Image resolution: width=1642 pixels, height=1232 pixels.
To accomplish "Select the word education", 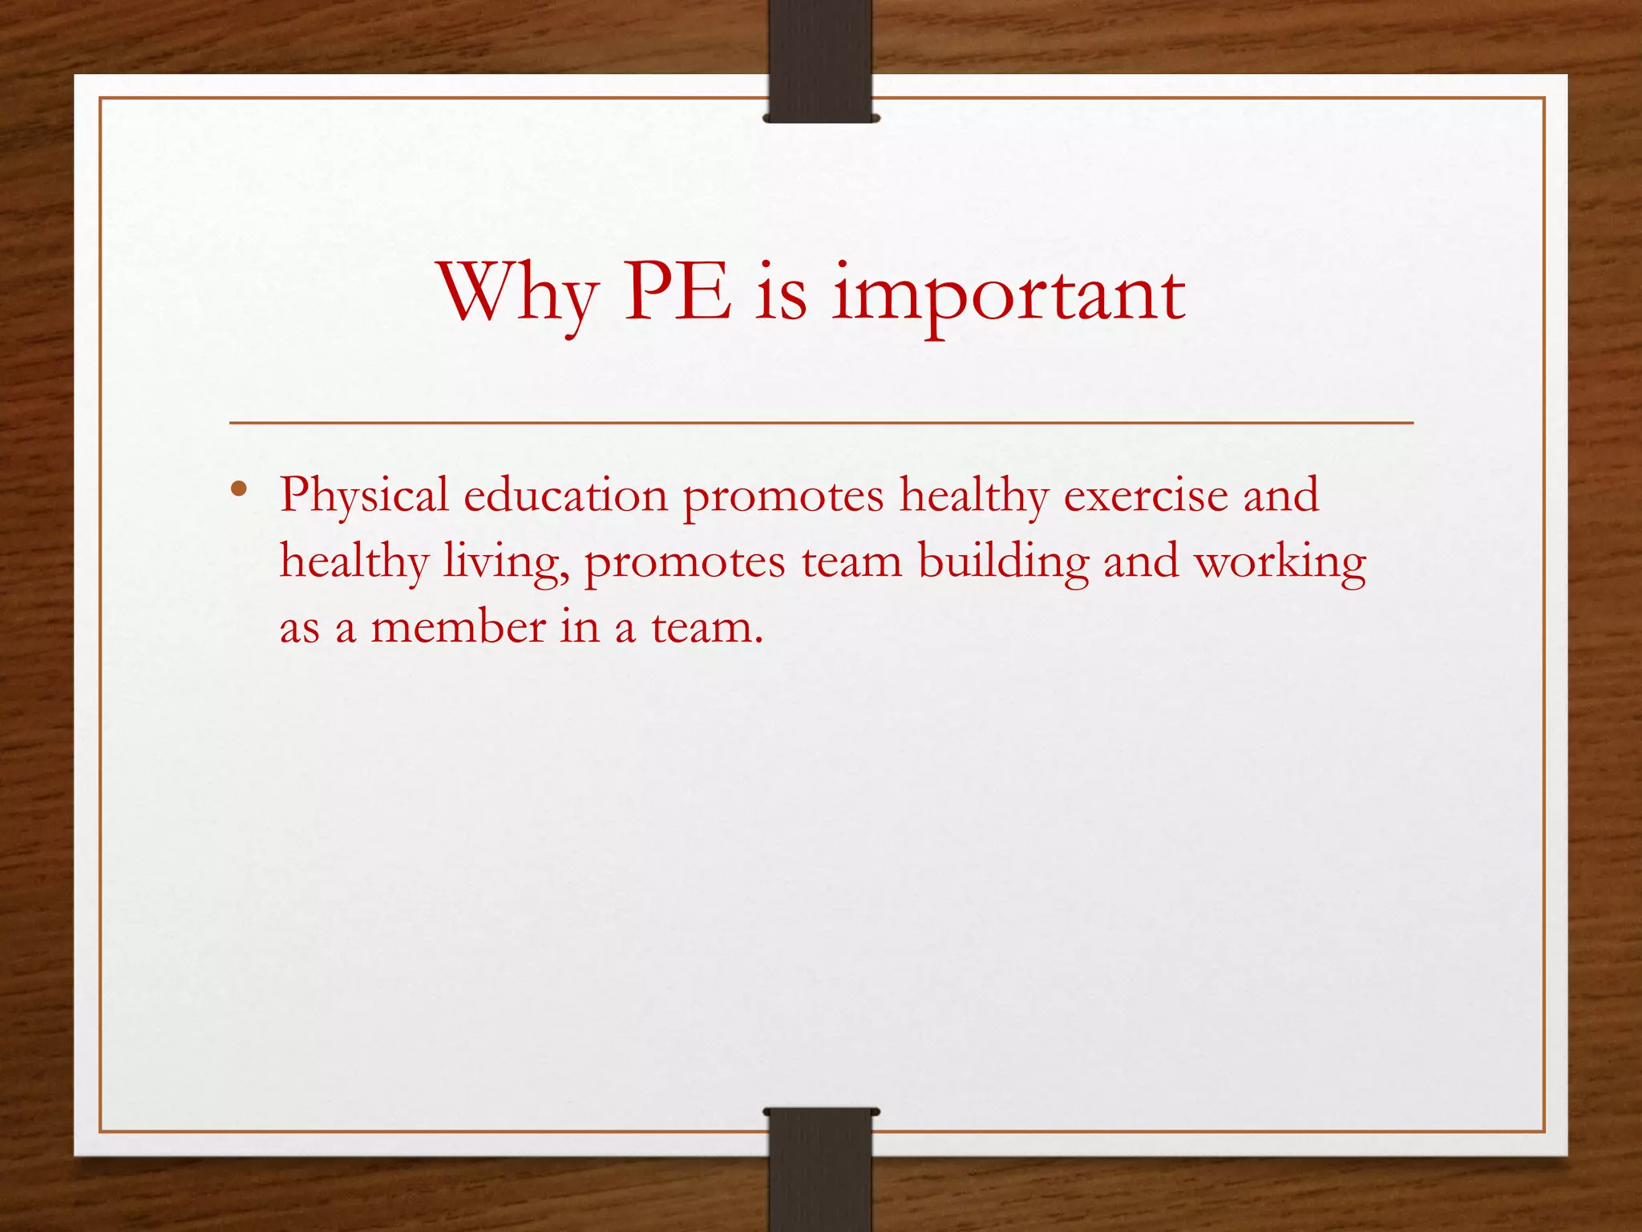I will coord(565,495).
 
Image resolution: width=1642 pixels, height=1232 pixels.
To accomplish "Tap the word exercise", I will coord(1146,495).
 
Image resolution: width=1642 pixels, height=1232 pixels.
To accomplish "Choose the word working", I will coord(1280,562).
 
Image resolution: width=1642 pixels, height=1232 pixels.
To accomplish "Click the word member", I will coord(458,627).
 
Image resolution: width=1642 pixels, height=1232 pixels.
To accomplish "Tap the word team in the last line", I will coord(706,627).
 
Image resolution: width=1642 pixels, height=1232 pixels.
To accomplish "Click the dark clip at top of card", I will coord(820,60).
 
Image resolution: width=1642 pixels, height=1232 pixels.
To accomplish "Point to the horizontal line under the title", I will coord(820,422).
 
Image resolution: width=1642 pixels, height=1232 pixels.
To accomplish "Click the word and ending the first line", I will coord(1280,495).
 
